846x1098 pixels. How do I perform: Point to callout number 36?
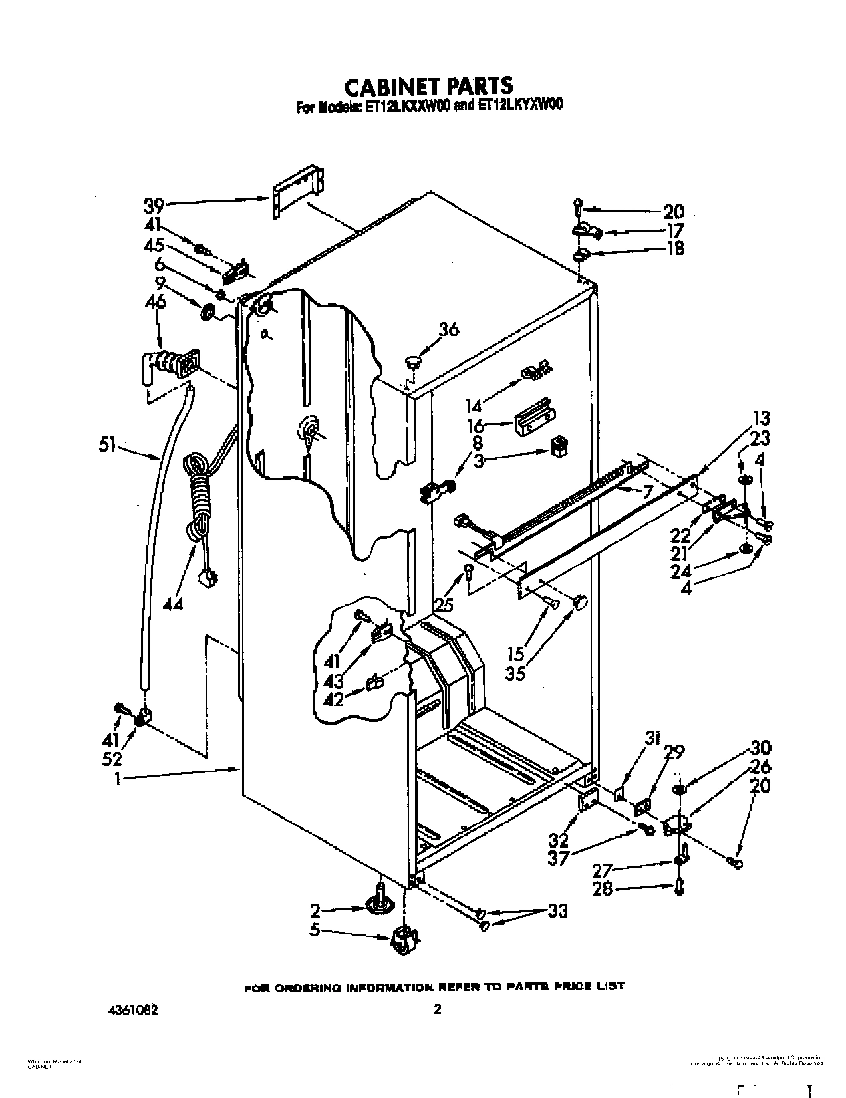click(x=449, y=329)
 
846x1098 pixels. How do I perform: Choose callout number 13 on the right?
click(x=761, y=418)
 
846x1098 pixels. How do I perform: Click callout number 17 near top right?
click(x=674, y=230)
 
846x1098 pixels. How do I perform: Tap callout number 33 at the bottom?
click(x=557, y=911)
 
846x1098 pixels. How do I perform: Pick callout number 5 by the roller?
click(x=315, y=930)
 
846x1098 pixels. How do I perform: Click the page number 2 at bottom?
click(x=437, y=1009)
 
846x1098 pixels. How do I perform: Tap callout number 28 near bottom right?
click(x=602, y=889)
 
